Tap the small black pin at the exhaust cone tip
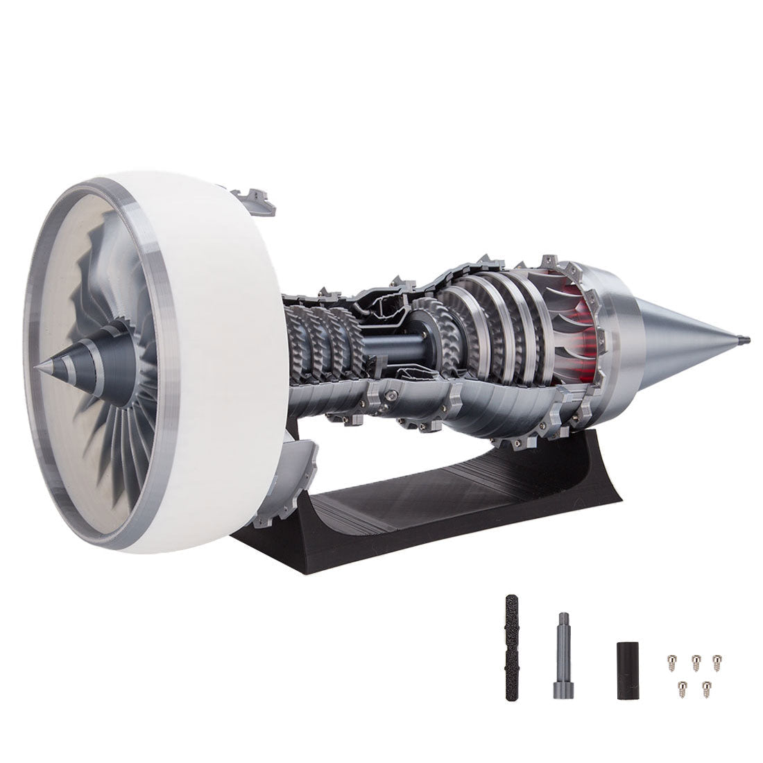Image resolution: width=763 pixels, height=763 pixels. (746, 340)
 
